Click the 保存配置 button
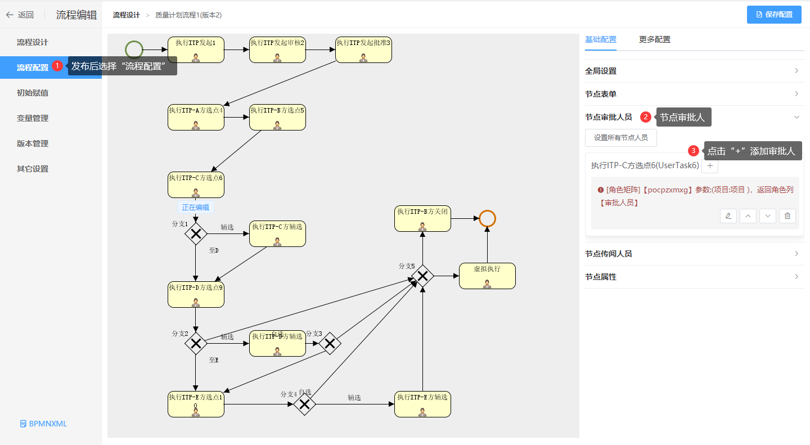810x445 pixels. (x=777, y=15)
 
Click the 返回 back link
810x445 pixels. (x=20, y=15)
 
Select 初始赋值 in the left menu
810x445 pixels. (x=33, y=93)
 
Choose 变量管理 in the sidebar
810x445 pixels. (x=33, y=118)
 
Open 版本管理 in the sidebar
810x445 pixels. (x=33, y=143)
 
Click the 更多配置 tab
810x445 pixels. (x=654, y=39)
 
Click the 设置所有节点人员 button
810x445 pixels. (x=620, y=137)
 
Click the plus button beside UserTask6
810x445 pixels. (x=709, y=166)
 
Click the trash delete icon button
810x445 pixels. (x=787, y=216)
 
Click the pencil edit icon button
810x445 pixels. (x=728, y=216)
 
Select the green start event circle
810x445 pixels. (x=134, y=50)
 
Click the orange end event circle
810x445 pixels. (x=487, y=218)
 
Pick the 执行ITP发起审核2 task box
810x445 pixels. (x=277, y=50)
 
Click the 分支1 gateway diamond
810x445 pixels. (x=196, y=233)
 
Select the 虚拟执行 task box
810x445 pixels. (x=487, y=276)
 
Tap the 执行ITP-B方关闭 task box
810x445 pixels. (x=422, y=218)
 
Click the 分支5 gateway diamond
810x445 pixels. (x=422, y=276)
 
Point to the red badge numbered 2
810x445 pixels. (x=646, y=117)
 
